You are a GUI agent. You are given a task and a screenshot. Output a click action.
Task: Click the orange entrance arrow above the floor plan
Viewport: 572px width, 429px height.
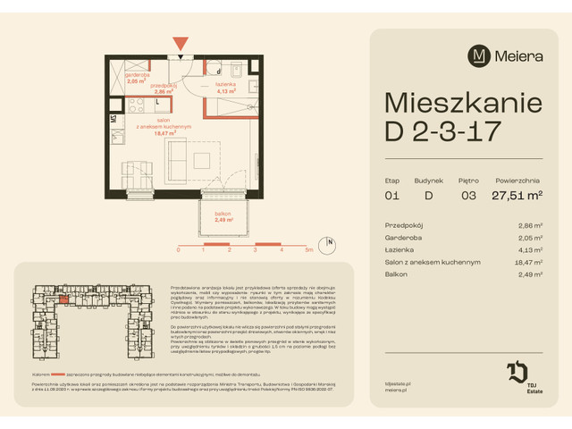(181, 42)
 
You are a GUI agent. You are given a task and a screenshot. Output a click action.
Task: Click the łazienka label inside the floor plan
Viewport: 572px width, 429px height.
(225, 85)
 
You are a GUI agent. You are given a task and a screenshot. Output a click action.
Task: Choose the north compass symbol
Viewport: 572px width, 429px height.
(330, 243)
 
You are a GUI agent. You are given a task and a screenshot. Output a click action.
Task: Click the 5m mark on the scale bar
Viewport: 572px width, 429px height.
(307, 251)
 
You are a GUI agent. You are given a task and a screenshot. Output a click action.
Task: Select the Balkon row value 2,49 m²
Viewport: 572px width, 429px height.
(531, 274)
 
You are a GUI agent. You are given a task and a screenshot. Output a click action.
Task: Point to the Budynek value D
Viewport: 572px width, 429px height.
(428, 194)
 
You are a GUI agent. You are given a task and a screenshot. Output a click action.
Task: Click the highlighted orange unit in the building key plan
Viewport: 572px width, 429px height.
(64, 299)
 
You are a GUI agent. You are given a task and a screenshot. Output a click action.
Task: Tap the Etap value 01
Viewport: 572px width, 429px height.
(391, 194)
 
